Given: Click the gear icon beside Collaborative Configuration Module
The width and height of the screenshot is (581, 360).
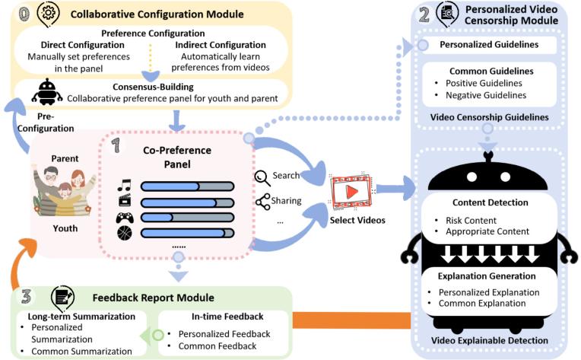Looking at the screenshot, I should coord(48,13).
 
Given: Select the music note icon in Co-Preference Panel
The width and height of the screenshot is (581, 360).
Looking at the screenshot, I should coord(125,185).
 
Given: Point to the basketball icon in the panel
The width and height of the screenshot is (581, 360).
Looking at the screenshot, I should coord(125,233).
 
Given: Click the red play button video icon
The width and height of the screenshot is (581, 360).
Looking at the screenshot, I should coord(351,191).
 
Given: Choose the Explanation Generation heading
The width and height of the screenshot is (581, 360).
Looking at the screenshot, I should coord(490,276).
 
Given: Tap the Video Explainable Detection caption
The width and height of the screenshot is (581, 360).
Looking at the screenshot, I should coord(490,340).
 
